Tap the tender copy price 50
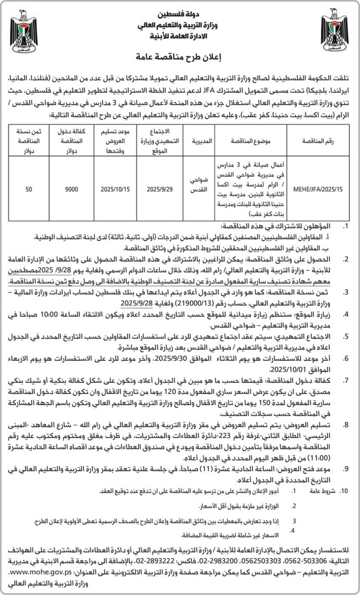29,189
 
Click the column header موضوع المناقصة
253,141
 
